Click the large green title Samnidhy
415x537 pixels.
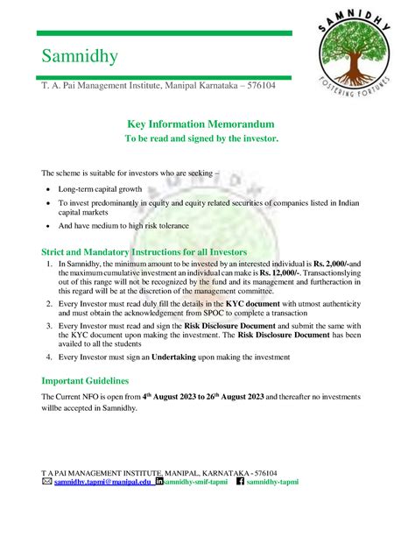80,58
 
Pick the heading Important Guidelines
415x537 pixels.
86,382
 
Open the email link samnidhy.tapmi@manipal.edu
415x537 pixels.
102,482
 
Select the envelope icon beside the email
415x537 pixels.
47,482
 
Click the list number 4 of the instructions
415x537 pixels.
49,357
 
